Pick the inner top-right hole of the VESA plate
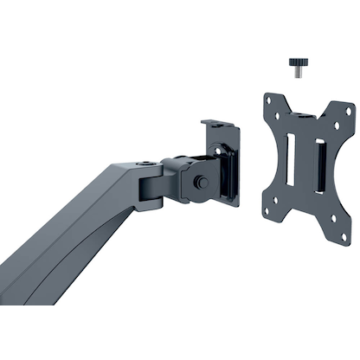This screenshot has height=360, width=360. tap(331, 125)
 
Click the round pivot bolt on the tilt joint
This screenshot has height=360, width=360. tap(201, 183)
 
